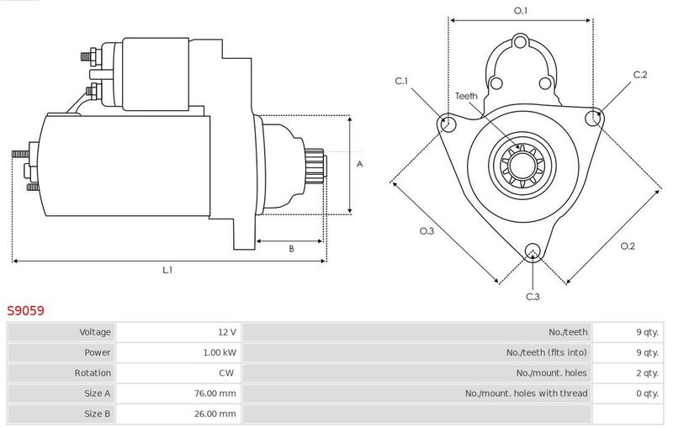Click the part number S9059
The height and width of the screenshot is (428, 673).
25,310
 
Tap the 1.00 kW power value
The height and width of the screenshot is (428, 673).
220,352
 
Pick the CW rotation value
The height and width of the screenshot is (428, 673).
226,373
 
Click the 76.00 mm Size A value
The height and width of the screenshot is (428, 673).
215,394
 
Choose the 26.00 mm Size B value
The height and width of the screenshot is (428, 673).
215,414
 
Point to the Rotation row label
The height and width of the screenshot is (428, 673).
93,373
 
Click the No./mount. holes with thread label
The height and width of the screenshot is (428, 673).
527,394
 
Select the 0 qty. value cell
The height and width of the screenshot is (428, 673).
647,394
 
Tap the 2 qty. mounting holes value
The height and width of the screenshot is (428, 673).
647,373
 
